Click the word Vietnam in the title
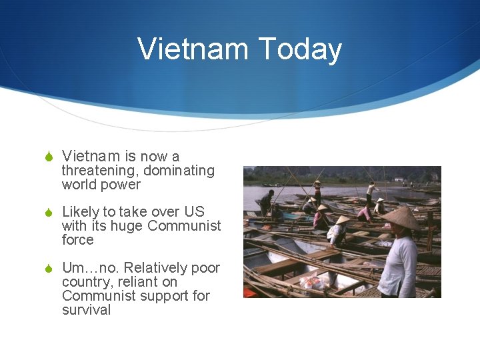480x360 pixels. pos(191,49)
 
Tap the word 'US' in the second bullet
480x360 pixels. pos(194,212)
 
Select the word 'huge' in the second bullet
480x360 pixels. pos(126,226)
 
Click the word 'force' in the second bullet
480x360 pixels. pos(77,240)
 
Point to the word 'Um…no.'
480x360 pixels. pos(91,268)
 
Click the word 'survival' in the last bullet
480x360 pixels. pos(86,310)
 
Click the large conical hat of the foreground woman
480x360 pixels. pos(401,217)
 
